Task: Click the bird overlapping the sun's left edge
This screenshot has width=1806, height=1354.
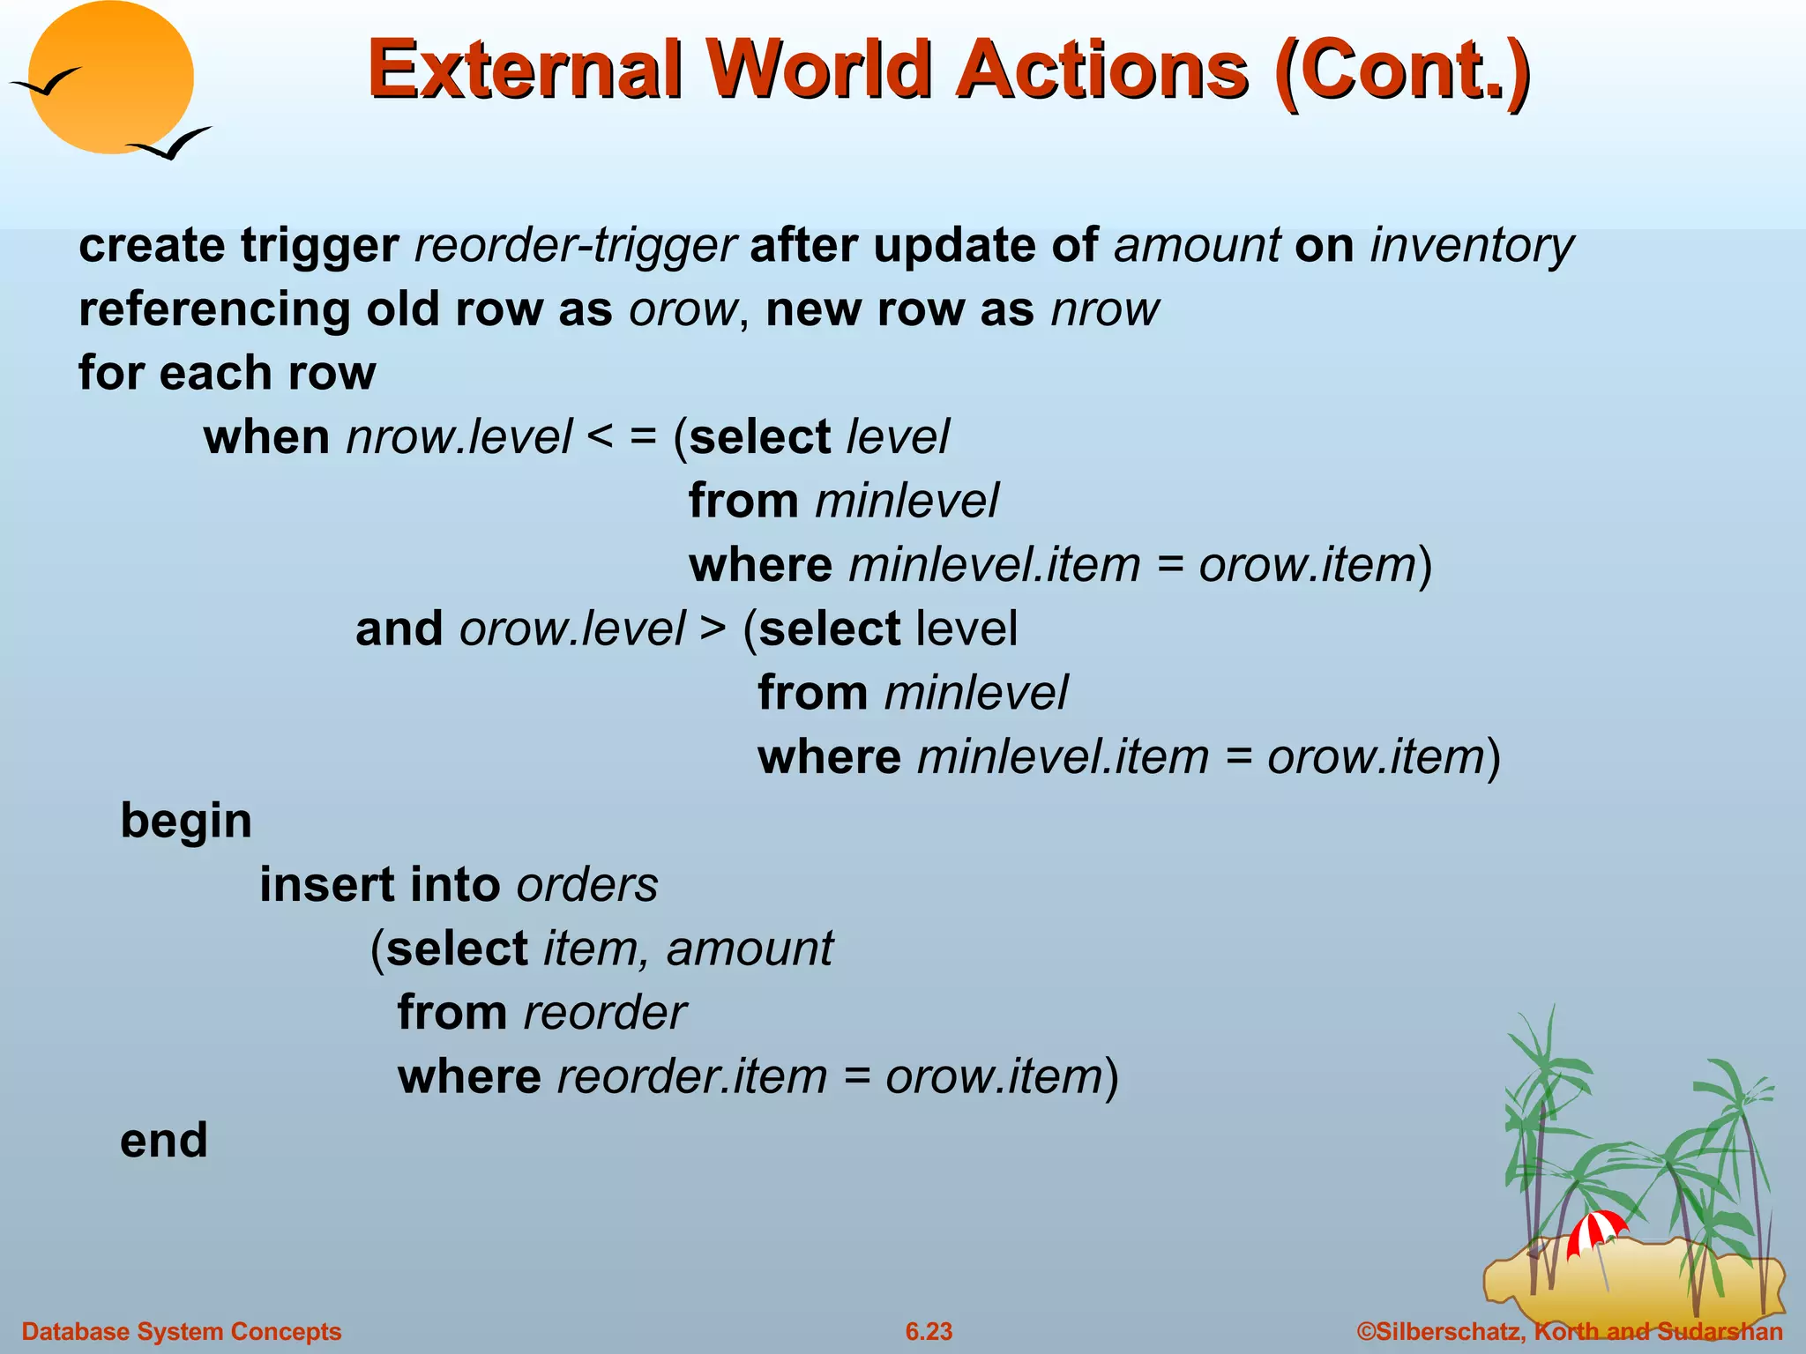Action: coord(46,84)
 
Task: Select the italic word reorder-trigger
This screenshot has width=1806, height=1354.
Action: coord(575,245)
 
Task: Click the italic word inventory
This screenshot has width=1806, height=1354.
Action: coord(1471,245)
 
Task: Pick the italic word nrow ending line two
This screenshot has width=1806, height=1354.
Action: coord(1105,309)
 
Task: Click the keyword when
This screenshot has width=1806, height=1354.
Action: coord(266,437)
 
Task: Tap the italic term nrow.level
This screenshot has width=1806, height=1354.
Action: coord(459,437)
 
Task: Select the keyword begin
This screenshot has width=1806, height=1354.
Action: coord(186,822)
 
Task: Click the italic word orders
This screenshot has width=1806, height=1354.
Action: coord(587,885)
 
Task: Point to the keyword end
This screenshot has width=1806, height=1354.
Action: coord(164,1141)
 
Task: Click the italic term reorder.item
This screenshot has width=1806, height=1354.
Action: coord(692,1077)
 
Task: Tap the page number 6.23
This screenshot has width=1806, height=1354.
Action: coord(929,1331)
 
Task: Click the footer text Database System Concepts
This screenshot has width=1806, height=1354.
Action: coord(182,1331)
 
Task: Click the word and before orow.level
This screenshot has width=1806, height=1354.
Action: coord(399,629)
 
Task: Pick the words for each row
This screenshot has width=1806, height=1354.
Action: coord(227,373)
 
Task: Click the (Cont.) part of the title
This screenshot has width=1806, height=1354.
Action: coord(1402,69)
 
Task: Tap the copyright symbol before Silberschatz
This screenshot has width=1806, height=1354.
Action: coord(1366,1331)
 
